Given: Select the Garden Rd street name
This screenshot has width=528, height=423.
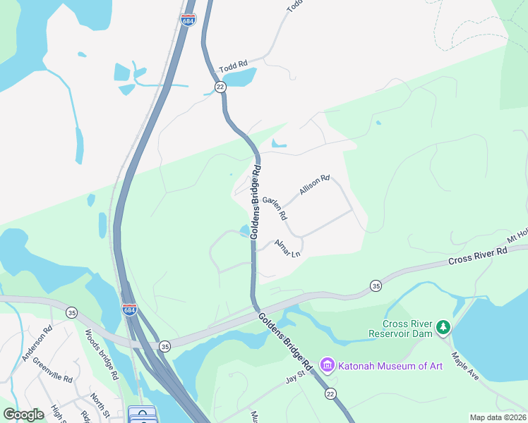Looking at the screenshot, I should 275,207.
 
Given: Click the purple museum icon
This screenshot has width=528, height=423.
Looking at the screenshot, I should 327,364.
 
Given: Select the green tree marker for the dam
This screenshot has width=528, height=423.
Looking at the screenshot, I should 443,326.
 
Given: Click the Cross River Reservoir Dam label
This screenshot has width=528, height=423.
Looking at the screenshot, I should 401,329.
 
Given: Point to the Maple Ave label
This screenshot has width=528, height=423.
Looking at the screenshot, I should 465,366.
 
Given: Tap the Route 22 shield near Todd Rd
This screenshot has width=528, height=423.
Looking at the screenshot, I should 221,87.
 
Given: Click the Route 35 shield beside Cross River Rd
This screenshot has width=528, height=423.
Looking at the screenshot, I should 376,286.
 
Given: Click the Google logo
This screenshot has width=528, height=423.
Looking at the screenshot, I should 23,415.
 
